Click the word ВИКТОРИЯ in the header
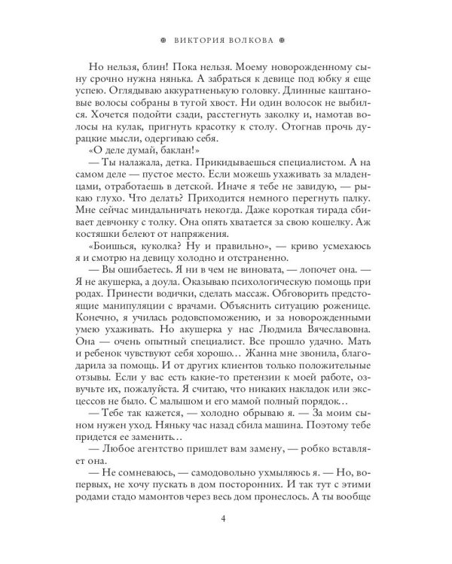click(x=197, y=41)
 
